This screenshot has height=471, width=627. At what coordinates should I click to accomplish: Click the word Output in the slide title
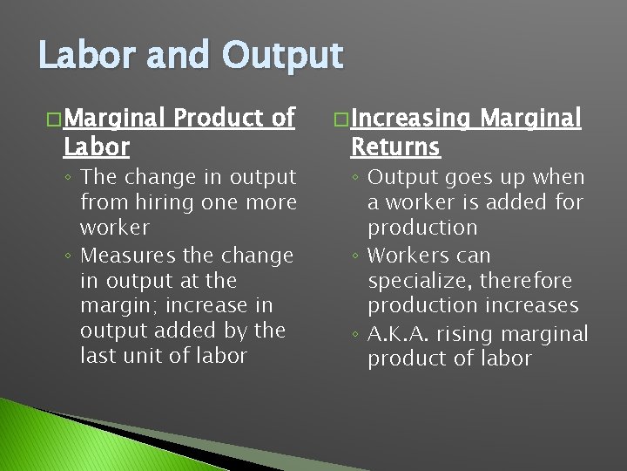pos(283,56)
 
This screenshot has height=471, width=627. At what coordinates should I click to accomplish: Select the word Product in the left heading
pos(218,118)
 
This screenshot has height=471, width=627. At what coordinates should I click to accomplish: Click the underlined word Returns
pos(395,147)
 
